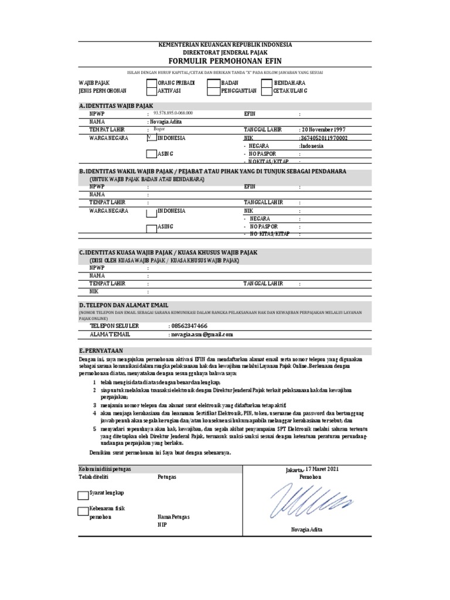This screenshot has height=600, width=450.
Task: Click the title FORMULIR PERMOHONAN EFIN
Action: (226, 60)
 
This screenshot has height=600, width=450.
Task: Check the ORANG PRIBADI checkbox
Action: (151, 84)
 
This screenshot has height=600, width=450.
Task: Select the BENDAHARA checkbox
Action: (267, 84)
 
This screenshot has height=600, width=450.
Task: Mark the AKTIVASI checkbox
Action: (151, 92)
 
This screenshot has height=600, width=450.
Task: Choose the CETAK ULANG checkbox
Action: (267, 92)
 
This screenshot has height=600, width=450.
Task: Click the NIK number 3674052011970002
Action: (324, 138)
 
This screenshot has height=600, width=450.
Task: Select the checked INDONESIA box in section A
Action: (151, 138)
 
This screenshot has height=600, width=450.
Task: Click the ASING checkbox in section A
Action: (151, 154)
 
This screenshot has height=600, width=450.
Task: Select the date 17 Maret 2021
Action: (321, 470)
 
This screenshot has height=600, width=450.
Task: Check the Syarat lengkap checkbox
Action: (83, 494)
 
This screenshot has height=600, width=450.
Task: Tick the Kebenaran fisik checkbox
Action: (83, 511)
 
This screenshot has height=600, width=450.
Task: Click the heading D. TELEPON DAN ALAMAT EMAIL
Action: (124, 305)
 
